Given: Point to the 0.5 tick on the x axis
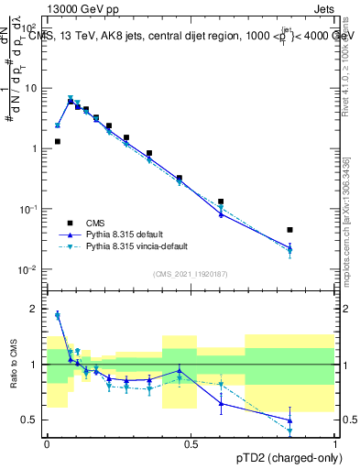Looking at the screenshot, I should pos(191,444).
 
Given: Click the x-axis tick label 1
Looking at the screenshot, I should pos(335,444).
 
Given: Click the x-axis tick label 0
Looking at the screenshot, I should pos(47,444).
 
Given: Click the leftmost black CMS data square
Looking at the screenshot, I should pos(58,142).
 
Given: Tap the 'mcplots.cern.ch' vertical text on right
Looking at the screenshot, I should pos(344,229).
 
